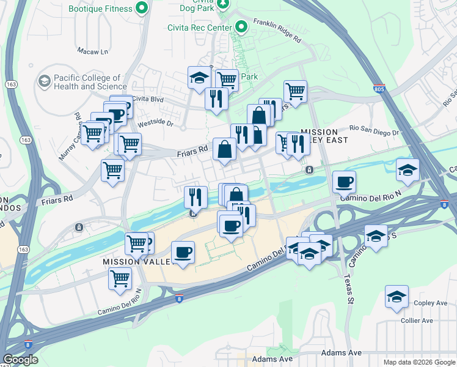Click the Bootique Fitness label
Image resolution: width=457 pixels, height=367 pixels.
coord(101,9)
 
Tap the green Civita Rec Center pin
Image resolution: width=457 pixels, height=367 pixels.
coord(241,27)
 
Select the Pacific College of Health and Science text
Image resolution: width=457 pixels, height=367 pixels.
coord(90,82)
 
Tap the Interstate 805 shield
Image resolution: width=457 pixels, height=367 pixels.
coord(379,89)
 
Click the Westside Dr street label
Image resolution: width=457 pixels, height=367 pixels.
coord(156,123)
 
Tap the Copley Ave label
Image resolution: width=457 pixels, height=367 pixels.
coord(433,303)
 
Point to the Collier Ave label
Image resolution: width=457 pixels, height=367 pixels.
coord(417,321)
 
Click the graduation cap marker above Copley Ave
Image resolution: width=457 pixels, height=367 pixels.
coord(397,297)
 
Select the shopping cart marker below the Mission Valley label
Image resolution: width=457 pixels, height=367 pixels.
coord(120,279)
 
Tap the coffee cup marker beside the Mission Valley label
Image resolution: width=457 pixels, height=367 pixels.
coord(183,252)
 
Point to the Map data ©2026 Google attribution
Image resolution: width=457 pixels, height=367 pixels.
coord(419,362)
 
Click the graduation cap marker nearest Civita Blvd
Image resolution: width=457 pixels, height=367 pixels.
coord(199,78)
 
